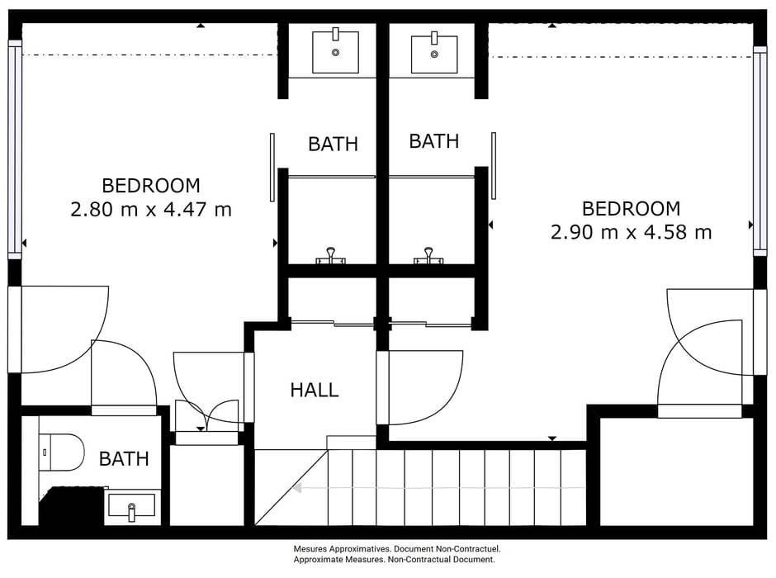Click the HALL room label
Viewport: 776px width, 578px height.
click(315, 390)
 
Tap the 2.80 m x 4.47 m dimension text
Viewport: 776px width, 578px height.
click(151, 210)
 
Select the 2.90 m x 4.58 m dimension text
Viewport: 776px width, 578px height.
click(631, 232)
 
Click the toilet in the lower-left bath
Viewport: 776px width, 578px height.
click(61, 452)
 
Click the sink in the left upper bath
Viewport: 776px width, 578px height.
click(335, 51)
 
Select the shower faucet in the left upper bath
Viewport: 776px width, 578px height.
click(330, 256)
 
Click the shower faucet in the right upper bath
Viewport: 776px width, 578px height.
click(428, 256)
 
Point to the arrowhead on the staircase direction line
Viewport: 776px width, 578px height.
click(297, 488)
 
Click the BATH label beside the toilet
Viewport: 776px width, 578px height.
click(124, 459)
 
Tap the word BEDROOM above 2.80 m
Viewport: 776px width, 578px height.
click(151, 186)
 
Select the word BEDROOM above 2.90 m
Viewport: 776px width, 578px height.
click(631, 208)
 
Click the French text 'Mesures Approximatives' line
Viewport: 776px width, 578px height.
click(397, 549)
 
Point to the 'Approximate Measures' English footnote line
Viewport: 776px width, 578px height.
click(394, 560)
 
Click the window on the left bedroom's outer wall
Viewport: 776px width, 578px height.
click(15, 149)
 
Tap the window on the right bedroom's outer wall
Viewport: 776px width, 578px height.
click(759, 151)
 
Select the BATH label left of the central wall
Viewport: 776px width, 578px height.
click(333, 144)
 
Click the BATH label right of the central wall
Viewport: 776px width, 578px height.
click(434, 141)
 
